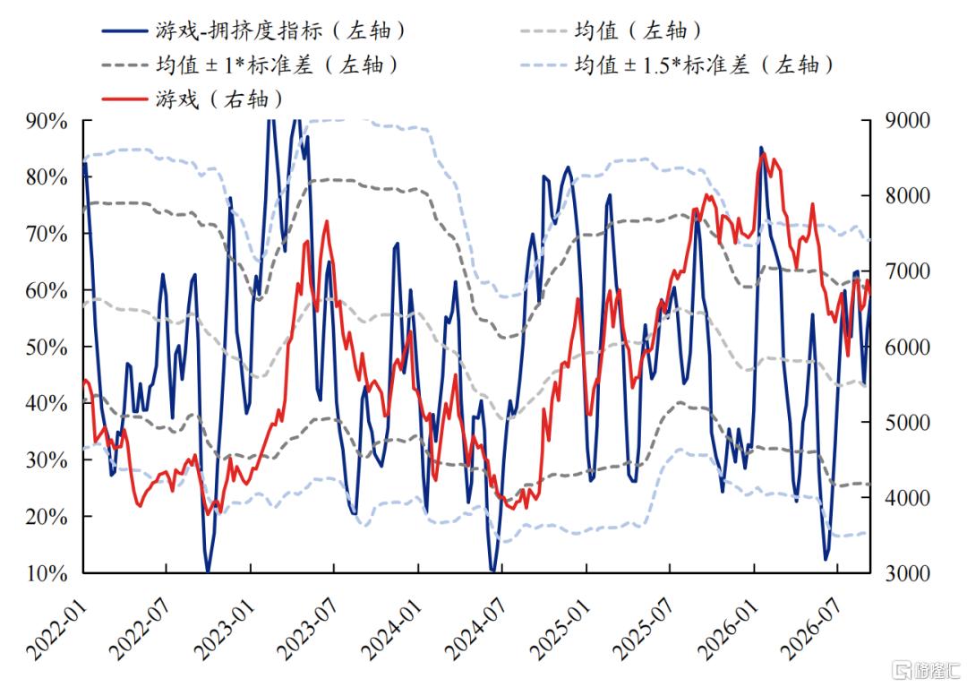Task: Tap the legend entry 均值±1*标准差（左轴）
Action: click(x=251, y=64)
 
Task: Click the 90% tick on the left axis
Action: click(x=47, y=121)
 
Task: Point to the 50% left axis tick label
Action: click(x=47, y=348)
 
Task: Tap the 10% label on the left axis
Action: click(x=47, y=573)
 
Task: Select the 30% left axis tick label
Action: click(x=47, y=460)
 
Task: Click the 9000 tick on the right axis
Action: click(x=907, y=120)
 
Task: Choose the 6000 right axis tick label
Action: click(x=907, y=348)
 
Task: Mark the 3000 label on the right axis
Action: click(x=907, y=573)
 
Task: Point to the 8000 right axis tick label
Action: click(x=907, y=196)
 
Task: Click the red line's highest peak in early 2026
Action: click(x=764, y=153)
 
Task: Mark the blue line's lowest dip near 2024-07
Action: click(x=492, y=571)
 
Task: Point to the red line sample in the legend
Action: click(x=124, y=99)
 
